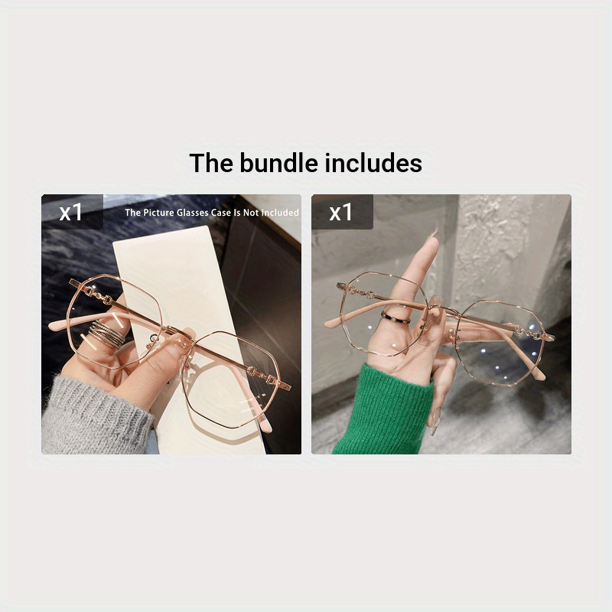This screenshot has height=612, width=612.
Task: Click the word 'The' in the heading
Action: (212, 163)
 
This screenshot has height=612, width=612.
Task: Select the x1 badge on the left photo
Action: (71, 211)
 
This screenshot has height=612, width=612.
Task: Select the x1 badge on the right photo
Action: (341, 211)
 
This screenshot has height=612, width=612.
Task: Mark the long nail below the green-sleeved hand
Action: (434, 417)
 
